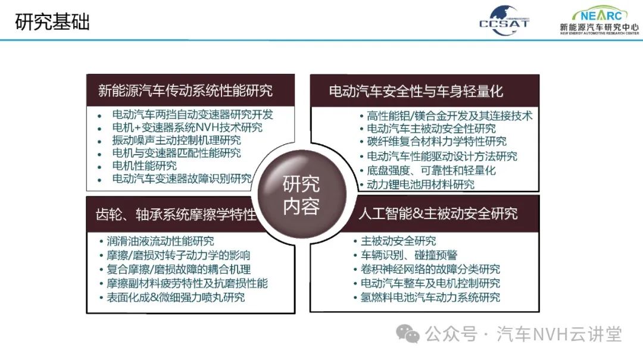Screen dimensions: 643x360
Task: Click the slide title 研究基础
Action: pyautogui.click(x=52, y=22)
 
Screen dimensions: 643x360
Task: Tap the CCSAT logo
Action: pyautogui.click(x=504, y=20)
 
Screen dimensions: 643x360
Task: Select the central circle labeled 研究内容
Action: pyautogui.click(x=301, y=195)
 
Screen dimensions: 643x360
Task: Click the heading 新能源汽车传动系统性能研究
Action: pyautogui.click(x=185, y=90)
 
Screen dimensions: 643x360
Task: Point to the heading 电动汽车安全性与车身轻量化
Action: pyautogui.click(x=416, y=91)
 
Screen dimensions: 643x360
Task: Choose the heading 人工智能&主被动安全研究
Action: pyautogui.click(x=438, y=213)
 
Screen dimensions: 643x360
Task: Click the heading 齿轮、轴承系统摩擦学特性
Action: pyautogui.click(x=176, y=214)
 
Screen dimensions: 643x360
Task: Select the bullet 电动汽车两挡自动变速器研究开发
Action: pyautogui.click(x=193, y=114)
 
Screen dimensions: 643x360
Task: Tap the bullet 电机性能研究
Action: pyautogui.click(x=144, y=165)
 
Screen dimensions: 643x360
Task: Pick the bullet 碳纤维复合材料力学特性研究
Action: pyautogui.click(x=437, y=142)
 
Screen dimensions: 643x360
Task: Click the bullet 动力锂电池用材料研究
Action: pyautogui.click(x=420, y=184)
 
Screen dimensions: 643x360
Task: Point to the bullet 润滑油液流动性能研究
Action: pyautogui.click(x=160, y=241)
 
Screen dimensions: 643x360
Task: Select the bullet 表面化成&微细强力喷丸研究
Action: pyautogui.click(x=176, y=298)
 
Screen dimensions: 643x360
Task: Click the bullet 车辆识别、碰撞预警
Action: pyautogui.click(x=409, y=255)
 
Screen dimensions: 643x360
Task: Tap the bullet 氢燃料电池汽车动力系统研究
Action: pyautogui.click(x=430, y=298)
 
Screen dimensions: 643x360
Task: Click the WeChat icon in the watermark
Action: pyautogui.click(x=408, y=334)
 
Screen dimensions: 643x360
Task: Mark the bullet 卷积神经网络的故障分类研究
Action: pyautogui.click(x=430, y=269)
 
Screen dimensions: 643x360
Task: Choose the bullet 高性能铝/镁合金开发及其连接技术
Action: pyautogui.click(x=450, y=115)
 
